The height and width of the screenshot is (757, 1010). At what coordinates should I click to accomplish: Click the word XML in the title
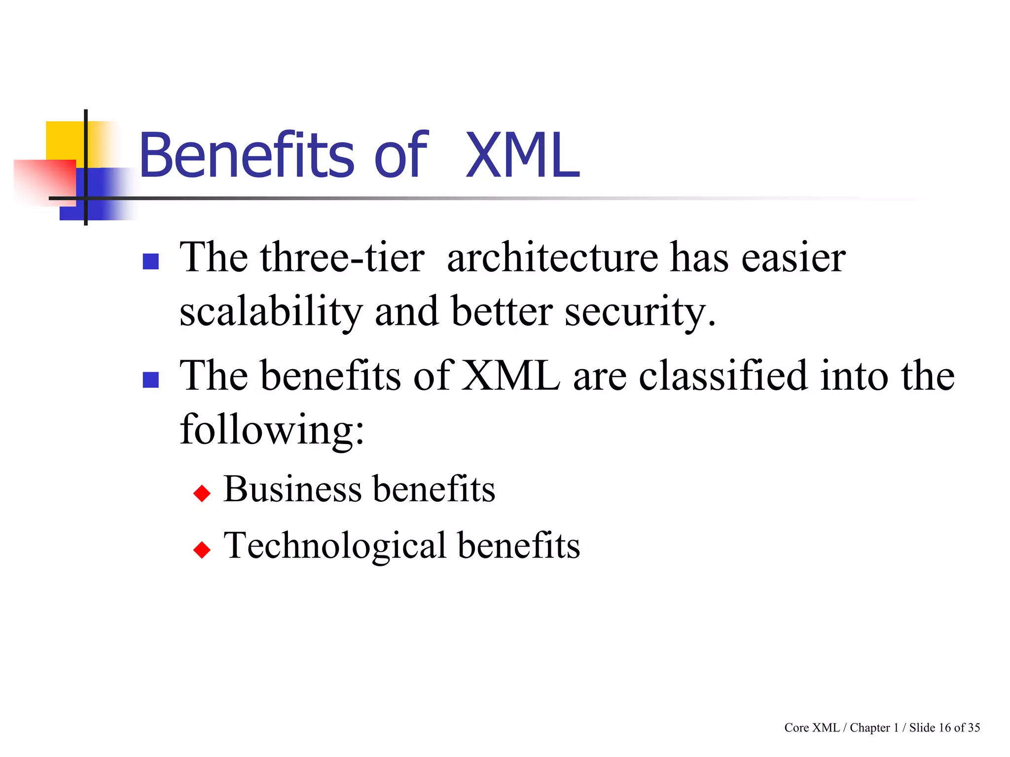click(x=523, y=156)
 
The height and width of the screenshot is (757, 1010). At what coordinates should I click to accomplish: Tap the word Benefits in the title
click(x=247, y=156)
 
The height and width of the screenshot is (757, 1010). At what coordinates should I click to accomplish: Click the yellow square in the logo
click(x=64, y=140)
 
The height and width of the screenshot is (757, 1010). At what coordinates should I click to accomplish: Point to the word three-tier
click(x=342, y=258)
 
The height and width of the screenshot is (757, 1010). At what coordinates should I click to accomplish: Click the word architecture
click(x=552, y=258)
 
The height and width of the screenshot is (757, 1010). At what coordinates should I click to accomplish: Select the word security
click(x=640, y=312)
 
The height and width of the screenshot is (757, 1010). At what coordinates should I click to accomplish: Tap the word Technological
click(x=335, y=546)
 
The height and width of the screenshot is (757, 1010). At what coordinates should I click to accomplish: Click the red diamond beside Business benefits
click(x=202, y=493)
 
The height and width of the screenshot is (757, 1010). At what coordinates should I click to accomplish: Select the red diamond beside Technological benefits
click(x=202, y=550)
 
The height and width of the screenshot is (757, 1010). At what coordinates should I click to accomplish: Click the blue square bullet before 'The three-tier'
click(x=150, y=261)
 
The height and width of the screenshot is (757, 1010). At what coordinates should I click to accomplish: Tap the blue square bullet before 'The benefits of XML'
click(x=150, y=379)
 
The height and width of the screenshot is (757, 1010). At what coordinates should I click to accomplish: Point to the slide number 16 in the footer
click(x=944, y=728)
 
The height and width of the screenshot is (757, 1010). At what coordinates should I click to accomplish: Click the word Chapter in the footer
click(x=870, y=728)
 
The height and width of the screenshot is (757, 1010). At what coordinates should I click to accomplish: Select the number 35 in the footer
click(x=974, y=728)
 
